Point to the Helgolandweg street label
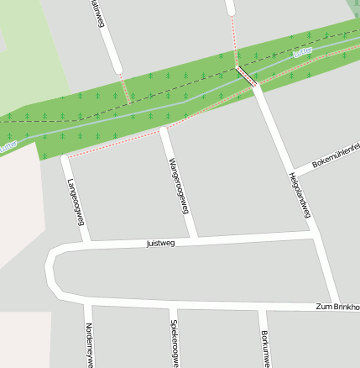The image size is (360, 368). click(x=300, y=196)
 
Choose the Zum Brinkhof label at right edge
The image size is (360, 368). click(x=339, y=307)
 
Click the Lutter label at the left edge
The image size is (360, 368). click(x=8, y=145)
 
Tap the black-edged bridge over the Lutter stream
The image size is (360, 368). click(x=247, y=76)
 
